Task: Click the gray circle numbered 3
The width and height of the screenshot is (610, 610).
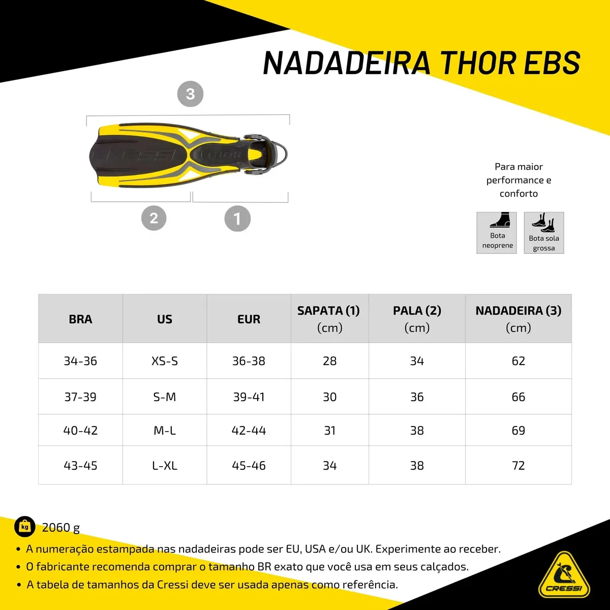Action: (190, 94)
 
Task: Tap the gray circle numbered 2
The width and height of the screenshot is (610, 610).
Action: (154, 218)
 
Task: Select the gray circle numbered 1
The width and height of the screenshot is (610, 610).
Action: (237, 219)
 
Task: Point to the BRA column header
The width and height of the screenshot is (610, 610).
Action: (80, 319)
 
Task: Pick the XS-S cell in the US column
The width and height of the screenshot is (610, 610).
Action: (165, 361)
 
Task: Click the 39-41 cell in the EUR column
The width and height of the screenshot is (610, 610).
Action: (249, 396)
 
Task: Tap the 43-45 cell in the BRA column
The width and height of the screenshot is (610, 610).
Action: (80, 465)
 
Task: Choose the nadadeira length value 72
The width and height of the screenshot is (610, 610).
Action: (518, 465)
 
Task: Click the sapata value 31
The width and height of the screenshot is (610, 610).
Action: (330, 430)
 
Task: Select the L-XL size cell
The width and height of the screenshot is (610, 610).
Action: (165, 465)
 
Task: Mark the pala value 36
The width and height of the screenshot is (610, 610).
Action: (417, 396)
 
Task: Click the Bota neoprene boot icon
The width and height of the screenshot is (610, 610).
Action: (500, 220)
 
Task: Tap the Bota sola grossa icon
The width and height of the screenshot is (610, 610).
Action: (543, 222)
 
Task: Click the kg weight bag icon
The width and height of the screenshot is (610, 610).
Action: (25, 527)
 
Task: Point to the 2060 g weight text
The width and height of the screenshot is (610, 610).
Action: (61, 528)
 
